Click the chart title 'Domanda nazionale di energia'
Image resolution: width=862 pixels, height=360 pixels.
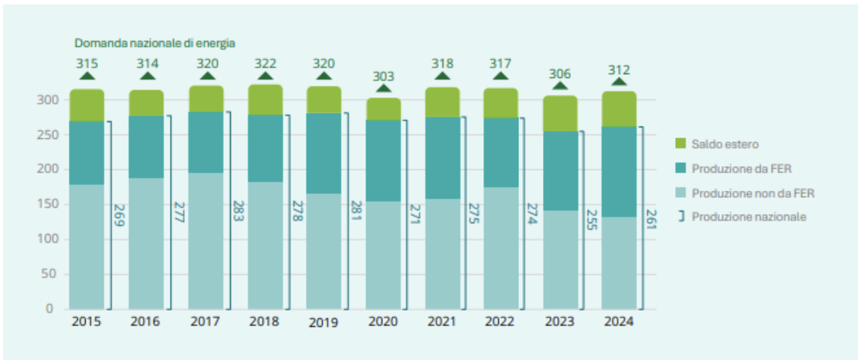(x=154, y=43)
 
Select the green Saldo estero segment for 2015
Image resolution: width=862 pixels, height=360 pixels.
(x=87, y=106)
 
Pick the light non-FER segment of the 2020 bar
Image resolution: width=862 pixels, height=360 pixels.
(x=383, y=255)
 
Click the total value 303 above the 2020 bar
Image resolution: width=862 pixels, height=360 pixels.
(x=383, y=76)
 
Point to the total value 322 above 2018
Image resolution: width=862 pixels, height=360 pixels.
(x=265, y=63)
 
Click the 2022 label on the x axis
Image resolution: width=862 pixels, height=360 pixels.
(x=501, y=321)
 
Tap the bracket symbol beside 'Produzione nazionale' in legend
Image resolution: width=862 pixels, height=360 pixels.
(x=681, y=216)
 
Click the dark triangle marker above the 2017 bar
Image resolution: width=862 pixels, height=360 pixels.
(x=206, y=76)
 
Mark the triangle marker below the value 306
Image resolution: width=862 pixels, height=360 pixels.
(x=560, y=87)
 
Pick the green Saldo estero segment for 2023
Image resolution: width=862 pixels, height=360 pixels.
(x=560, y=114)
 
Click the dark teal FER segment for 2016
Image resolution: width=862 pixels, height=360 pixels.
(x=146, y=147)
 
